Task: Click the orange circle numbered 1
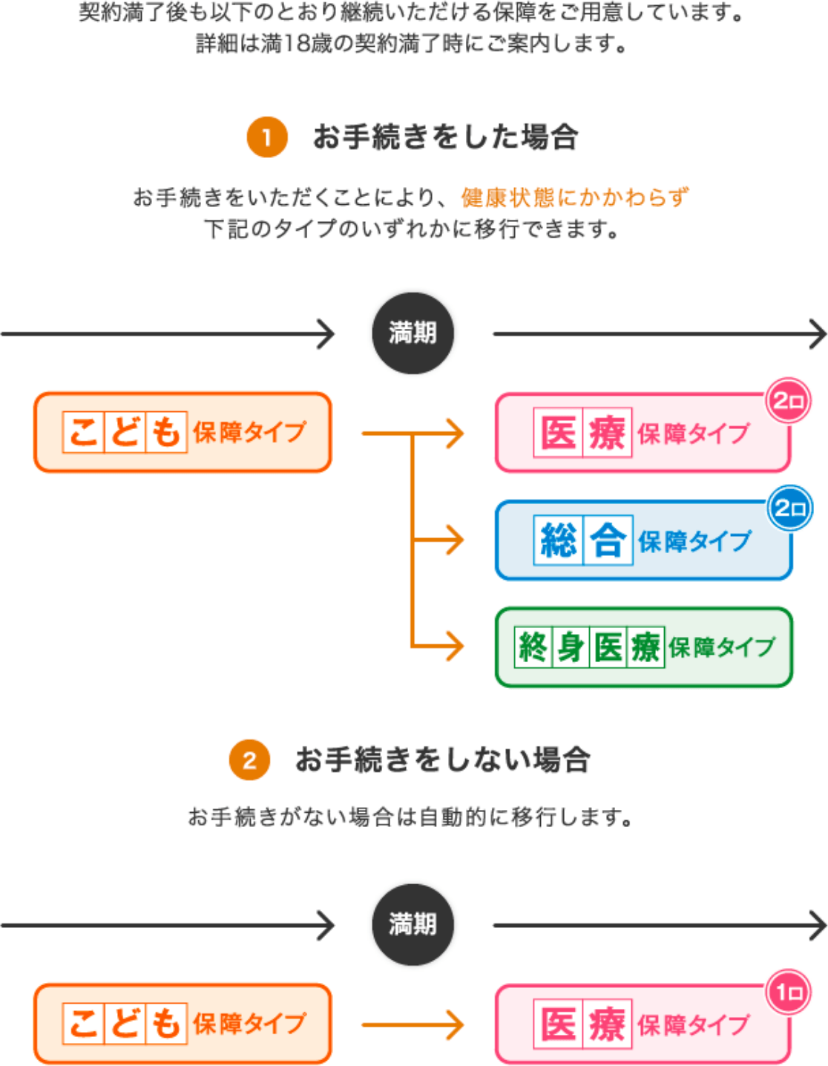click(267, 137)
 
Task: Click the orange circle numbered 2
click(249, 760)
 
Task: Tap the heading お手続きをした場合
click(445, 137)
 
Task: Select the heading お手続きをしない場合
click(442, 760)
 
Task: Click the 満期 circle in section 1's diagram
click(413, 333)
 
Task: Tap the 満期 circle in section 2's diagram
click(413, 924)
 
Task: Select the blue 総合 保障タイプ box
click(643, 540)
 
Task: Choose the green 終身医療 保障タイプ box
click(643, 647)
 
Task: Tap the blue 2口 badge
click(789, 509)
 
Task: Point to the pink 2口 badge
click(788, 402)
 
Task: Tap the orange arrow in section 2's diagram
click(413, 1025)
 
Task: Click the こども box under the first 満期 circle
click(183, 433)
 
